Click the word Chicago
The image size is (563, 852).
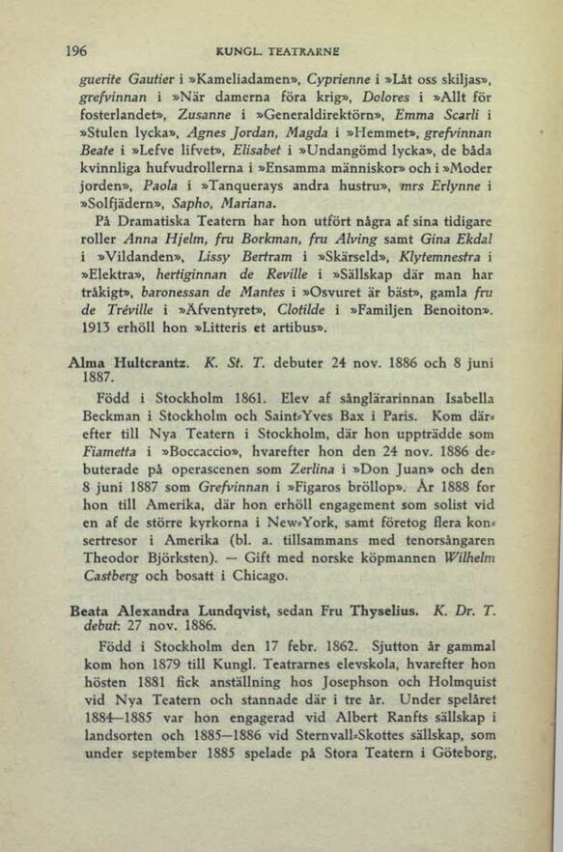(x=253, y=689)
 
